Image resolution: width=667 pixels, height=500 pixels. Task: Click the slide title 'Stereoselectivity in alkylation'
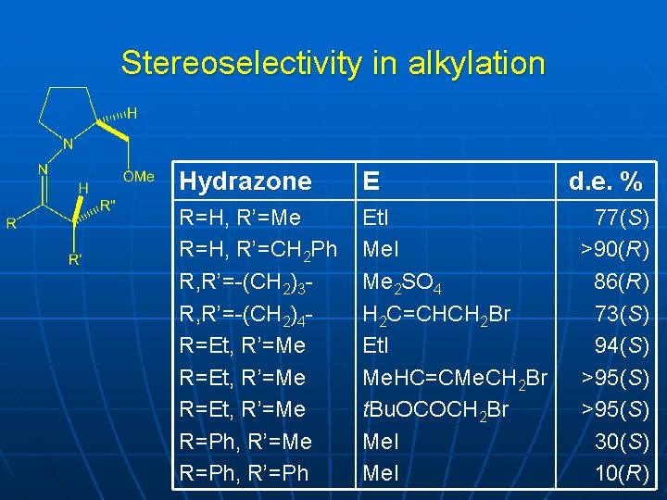[x=333, y=64]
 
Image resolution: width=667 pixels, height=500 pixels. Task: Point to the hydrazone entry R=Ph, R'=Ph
[x=245, y=473]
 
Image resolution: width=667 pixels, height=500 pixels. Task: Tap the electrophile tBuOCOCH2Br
[x=435, y=409]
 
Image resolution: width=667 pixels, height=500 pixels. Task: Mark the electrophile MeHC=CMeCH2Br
[x=455, y=378]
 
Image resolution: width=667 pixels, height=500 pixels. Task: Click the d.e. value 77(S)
[x=622, y=218]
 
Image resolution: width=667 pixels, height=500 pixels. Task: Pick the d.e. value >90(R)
[x=615, y=249]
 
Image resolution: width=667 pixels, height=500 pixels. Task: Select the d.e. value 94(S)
[x=622, y=345]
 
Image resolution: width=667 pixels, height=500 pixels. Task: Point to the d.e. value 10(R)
[x=622, y=473]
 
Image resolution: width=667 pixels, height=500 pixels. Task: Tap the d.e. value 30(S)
[x=622, y=442]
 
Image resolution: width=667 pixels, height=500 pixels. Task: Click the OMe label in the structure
[x=138, y=176]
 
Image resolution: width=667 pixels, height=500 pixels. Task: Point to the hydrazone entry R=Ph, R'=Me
[x=245, y=442]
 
